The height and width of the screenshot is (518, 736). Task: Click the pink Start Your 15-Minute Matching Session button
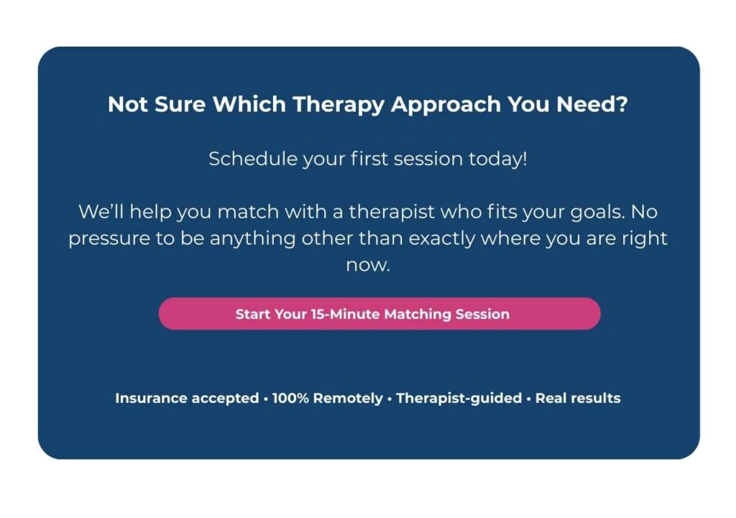pyautogui.click(x=379, y=314)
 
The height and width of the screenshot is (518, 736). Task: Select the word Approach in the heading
pyautogui.click(x=446, y=105)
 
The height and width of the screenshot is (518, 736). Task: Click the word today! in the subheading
pyautogui.click(x=497, y=159)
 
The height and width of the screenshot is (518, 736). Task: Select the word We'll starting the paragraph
pyautogui.click(x=101, y=212)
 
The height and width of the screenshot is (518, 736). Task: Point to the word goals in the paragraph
pyautogui.click(x=597, y=212)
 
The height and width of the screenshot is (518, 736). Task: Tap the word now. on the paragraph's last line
pyautogui.click(x=368, y=265)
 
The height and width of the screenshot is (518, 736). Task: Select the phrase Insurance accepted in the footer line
pyautogui.click(x=187, y=398)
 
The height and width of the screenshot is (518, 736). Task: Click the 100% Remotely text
pyautogui.click(x=328, y=399)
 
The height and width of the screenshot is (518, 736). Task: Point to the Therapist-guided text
pyautogui.click(x=459, y=399)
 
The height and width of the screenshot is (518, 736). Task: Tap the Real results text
pyautogui.click(x=578, y=398)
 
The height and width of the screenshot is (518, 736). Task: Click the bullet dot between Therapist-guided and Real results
pyautogui.click(x=529, y=399)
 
